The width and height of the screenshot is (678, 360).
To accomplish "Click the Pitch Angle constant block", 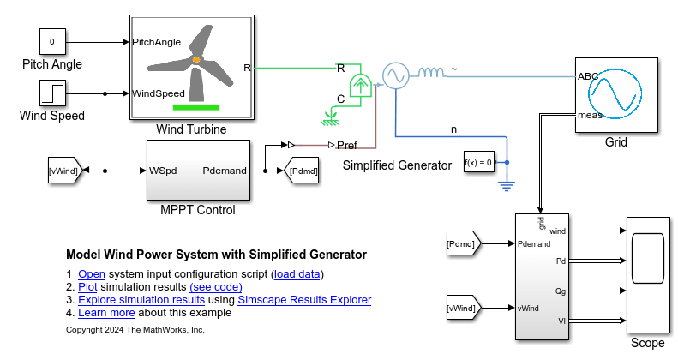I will pos(51,40).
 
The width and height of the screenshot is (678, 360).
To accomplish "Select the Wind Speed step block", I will pos(51,93).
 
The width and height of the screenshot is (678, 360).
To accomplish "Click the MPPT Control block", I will pos(199,170).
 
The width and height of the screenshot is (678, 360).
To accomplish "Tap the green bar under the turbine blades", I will pos(196,107).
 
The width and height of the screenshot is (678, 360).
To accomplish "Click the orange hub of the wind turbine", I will pos(196,59).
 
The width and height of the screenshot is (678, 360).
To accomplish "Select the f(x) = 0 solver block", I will pos(479,162).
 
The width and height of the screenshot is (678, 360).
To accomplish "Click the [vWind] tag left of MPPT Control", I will pos(64,171).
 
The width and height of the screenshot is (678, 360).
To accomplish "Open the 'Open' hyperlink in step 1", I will pos(91,274).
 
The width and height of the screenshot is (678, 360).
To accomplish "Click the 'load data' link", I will pos(297,274).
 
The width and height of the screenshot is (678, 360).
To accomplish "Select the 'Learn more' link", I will pos(106,313).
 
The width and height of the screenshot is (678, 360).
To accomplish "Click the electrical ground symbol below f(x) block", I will pos(507,182).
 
